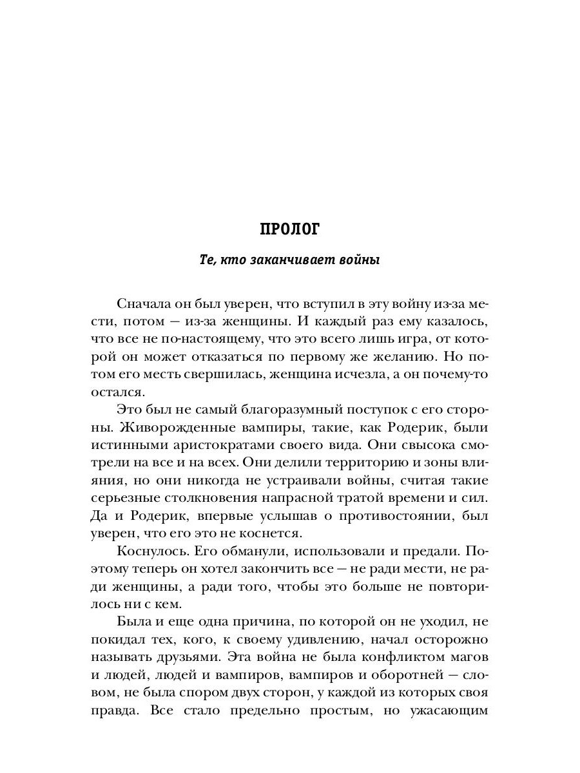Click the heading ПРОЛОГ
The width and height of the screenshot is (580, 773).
[x=289, y=230]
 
